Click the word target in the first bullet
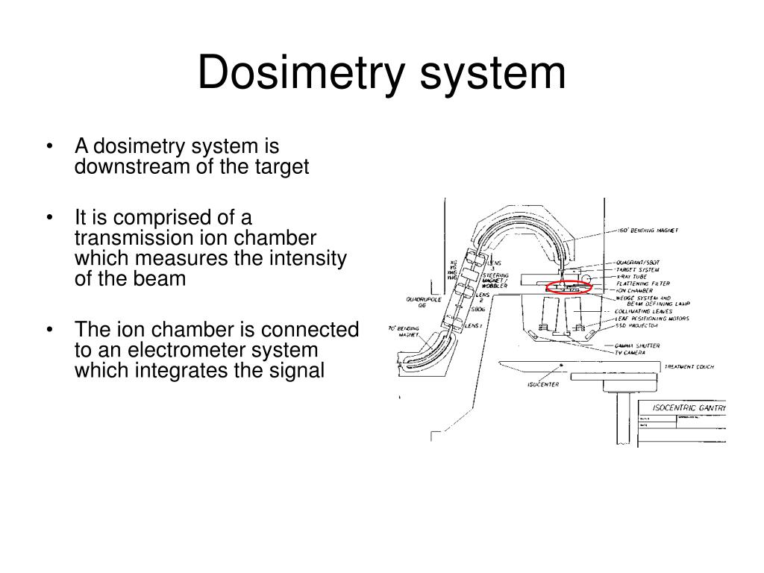[x=284, y=166]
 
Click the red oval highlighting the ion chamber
[x=569, y=287]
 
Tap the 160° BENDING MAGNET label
[x=648, y=231]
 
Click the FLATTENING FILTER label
[x=643, y=284]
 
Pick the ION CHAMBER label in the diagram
[x=634, y=291]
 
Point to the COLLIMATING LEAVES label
[x=644, y=311]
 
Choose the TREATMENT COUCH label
[x=689, y=366]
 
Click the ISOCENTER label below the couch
[x=543, y=385]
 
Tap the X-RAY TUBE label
[x=633, y=276]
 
